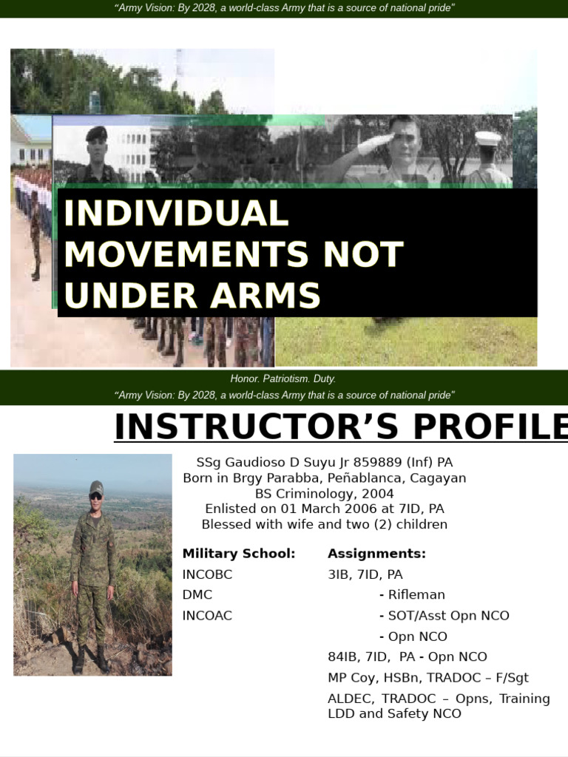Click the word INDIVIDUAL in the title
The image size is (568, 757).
pos(175,214)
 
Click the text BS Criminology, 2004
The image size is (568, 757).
pos(325,493)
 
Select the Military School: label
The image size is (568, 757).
pos(239,554)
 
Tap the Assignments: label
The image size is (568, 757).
pos(376,554)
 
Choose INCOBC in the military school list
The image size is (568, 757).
pos(208,574)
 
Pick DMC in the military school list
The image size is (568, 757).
pos(197,594)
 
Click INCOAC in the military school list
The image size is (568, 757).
pos(207,615)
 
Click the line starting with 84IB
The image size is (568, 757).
pos(408,656)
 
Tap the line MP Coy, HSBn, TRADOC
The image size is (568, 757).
pos(428,677)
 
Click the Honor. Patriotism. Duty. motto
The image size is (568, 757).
pos(283,378)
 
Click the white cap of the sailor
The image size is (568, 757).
pos(487,138)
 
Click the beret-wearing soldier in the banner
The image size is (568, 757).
pos(96,152)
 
